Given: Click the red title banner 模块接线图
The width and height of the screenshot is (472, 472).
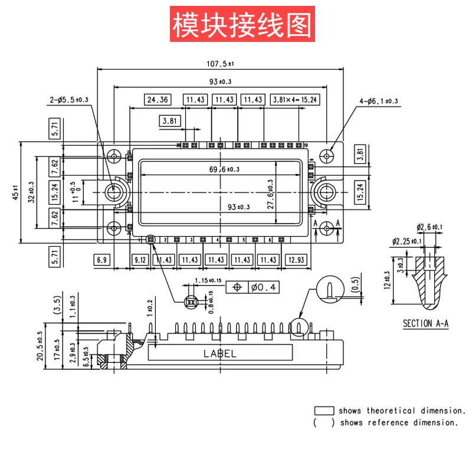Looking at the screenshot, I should pos(241,24).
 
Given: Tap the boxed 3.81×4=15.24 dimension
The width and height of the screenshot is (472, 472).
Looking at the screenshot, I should pos(294,100).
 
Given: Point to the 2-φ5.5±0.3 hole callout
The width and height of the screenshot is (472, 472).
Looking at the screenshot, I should pos(68,100).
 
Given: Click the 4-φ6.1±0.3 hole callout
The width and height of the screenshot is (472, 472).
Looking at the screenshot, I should pos(378,101).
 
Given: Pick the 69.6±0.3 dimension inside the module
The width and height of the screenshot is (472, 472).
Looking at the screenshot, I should pos(224,169).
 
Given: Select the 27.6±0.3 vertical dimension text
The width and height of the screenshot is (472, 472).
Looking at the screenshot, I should pos(271,194).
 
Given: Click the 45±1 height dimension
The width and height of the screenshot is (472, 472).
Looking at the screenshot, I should pos(16,192).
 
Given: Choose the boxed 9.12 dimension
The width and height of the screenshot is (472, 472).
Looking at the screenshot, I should pos(140,260).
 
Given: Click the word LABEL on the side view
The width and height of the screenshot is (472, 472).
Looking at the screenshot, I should pos(219,354).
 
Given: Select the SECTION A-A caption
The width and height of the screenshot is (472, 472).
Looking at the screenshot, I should pos(425,323).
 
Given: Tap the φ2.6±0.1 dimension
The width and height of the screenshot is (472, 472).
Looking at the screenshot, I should pos(430,227).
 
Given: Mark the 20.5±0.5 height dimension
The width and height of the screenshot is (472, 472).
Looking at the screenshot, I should pos(40,345).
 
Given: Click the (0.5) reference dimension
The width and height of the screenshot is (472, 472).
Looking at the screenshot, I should pos(355,285).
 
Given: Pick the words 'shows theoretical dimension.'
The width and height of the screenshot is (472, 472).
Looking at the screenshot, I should pos(402,411).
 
